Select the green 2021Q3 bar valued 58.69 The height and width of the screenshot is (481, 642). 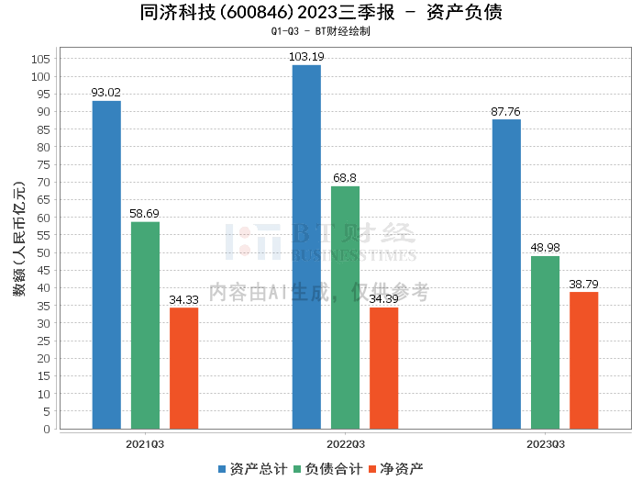pos(145,325)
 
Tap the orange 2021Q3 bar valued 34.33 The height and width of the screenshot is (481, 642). pos(183,368)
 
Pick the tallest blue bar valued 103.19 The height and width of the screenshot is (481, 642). pos(306,247)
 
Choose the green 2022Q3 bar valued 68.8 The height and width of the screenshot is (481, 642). pos(345,308)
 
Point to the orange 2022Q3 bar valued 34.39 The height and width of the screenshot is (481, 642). pos(383,368)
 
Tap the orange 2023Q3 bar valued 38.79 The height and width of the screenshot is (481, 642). pos(583,360)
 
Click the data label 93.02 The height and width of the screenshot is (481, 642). pos(106,93)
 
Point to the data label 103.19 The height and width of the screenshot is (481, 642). pos(306,57)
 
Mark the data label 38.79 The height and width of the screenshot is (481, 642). pos(583,284)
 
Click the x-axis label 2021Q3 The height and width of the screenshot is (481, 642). pos(145,443)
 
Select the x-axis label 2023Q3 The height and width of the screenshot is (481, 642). pos(545,443)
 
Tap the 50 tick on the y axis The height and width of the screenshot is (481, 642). pos(42,252)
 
